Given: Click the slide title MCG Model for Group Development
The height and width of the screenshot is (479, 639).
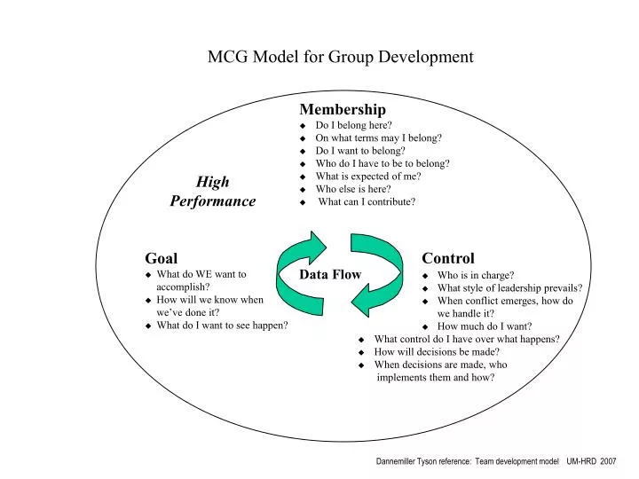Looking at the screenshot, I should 340,57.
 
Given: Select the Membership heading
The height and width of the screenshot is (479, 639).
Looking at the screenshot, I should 343,109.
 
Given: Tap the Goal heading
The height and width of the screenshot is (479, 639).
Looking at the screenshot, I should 162,258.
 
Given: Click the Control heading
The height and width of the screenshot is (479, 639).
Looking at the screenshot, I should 448,258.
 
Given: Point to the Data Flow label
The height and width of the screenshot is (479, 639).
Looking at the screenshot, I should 330,274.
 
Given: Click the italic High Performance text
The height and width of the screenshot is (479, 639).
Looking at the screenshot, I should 213,191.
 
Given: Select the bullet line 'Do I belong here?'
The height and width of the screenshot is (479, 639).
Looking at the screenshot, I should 353,125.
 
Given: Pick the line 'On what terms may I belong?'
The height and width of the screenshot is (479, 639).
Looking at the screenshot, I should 378,137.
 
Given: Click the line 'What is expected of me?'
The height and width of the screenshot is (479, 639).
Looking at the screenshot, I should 367,176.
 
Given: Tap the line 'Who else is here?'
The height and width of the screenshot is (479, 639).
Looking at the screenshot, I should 353,189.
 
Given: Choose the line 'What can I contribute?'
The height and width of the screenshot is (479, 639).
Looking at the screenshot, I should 367,201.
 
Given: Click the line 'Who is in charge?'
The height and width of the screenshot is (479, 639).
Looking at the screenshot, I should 476,275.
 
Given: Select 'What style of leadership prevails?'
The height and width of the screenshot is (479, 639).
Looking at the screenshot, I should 509,287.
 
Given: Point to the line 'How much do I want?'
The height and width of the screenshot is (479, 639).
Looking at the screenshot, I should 485,326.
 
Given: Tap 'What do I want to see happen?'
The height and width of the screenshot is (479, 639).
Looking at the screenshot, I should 222,325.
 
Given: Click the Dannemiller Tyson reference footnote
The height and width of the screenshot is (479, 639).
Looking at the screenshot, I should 495,462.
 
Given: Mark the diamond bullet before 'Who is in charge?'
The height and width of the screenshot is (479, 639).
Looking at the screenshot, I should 426,275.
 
